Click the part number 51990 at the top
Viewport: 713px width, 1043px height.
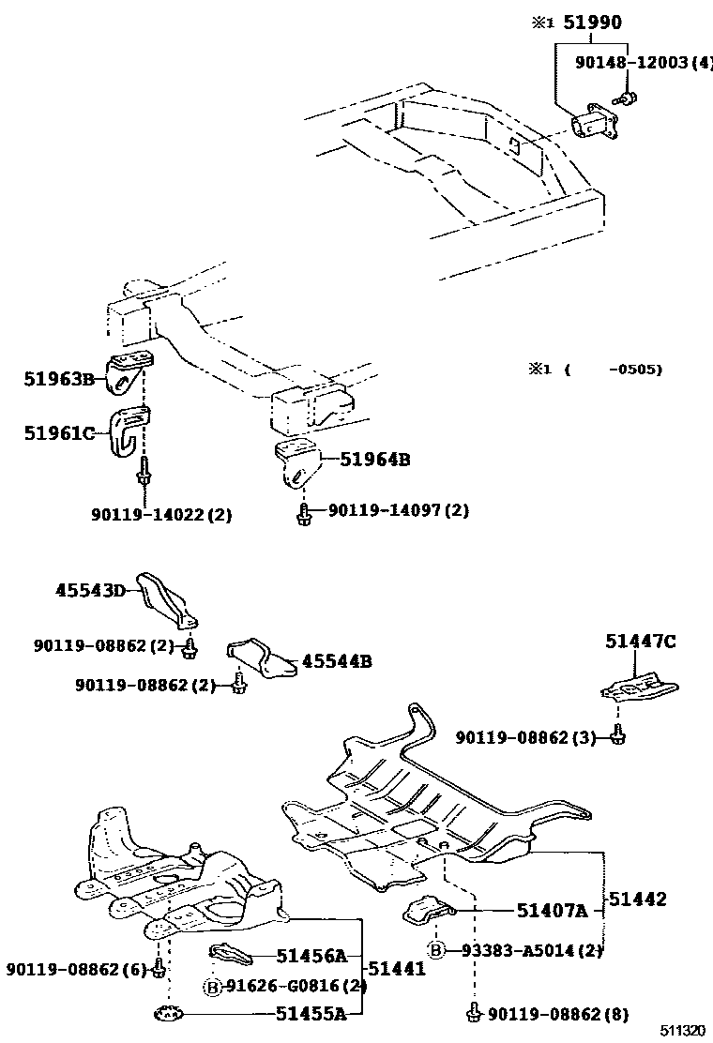592,23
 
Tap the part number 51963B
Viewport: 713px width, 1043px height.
59,379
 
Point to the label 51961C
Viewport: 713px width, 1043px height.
59,432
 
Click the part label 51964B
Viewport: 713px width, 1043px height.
375,460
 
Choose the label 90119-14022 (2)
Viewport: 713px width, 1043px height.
161,514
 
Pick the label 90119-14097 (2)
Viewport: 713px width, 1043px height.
398,510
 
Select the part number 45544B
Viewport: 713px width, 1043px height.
337,661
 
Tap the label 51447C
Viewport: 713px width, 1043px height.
641,642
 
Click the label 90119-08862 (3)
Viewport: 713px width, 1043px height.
526,738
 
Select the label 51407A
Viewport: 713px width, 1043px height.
553,909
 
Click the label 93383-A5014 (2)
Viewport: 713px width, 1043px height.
530,950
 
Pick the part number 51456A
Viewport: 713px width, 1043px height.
311,956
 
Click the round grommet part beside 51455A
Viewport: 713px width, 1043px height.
168,1013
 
